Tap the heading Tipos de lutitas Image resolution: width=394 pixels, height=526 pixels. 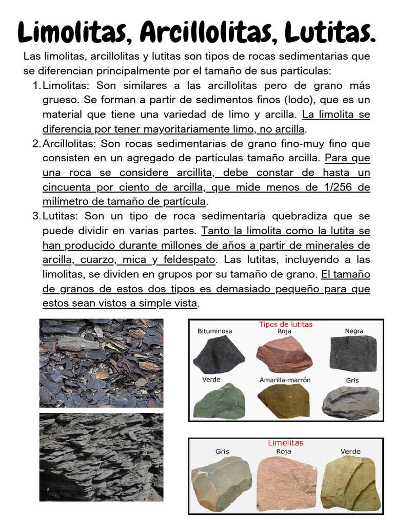tap(286, 325)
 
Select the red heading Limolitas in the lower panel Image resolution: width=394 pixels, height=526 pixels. tap(286, 442)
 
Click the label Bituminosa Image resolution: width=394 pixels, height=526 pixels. tap(215, 331)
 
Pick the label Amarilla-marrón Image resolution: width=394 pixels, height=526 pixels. tap(285, 380)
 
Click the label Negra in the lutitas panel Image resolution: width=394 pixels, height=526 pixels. tap(354, 331)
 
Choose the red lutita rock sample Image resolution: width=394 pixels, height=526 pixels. tap(284, 354)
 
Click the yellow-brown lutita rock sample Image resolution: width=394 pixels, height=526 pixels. tap(284, 401)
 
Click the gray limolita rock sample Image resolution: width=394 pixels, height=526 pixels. tap(222, 483)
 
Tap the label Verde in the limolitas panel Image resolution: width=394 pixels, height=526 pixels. tap(350, 452)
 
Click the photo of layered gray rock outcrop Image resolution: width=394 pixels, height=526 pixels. tap(101, 457)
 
